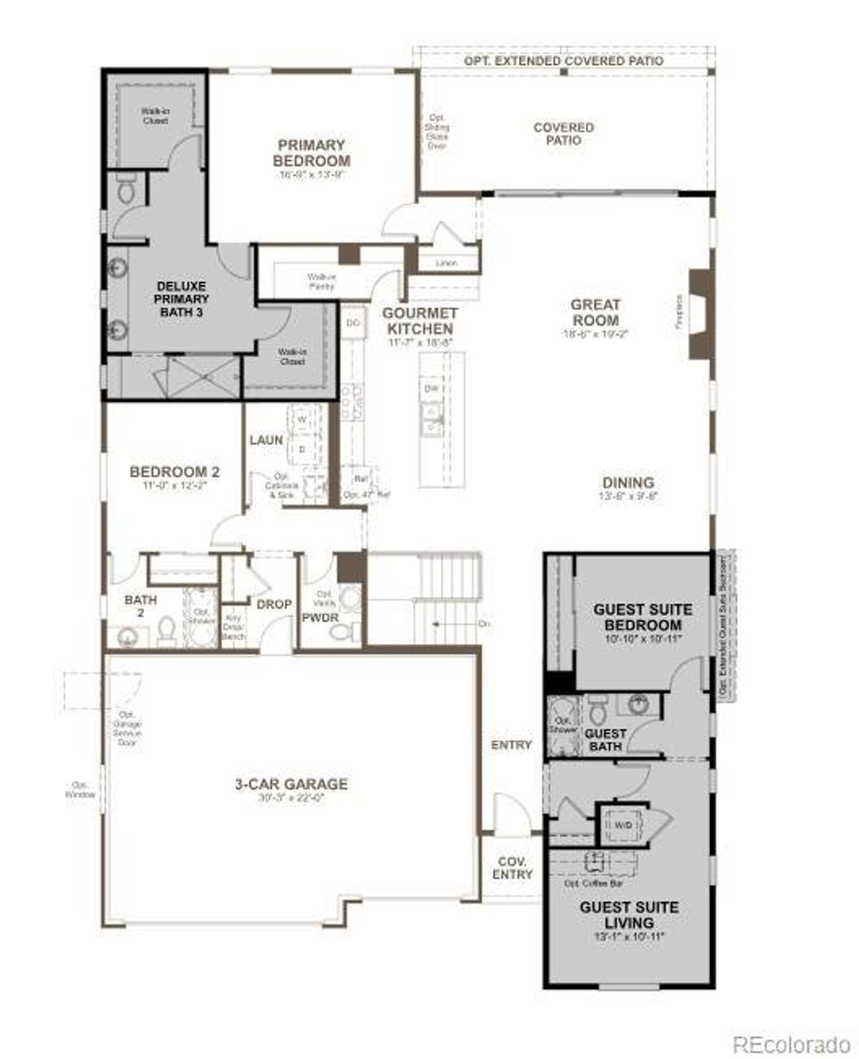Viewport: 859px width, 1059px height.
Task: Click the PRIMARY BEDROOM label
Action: coord(311,153)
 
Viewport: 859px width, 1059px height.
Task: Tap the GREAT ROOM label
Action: coord(595,313)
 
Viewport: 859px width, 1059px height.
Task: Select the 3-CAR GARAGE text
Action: coord(291,784)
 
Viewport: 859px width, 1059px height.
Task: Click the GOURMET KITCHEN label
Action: coord(420,321)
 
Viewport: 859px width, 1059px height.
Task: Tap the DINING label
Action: coord(628,483)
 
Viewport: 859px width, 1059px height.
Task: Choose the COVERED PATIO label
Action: coord(564,134)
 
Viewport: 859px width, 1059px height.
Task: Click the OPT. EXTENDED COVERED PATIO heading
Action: coord(564,61)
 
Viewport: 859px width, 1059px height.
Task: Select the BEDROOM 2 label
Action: coord(174,472)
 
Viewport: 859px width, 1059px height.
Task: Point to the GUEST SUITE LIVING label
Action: coord(629,915)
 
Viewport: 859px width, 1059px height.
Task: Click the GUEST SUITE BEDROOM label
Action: coord(642,617)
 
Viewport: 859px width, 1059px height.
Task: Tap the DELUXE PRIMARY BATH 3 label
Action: coord(181,299)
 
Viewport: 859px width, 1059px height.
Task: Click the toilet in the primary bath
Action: coord(125,191)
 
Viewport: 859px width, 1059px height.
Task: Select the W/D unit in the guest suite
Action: coord(623,825)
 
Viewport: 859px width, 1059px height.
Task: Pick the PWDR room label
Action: coord(320,617)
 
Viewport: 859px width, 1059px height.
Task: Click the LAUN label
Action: coord(266,440)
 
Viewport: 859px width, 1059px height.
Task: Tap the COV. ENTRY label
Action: coord(512,868)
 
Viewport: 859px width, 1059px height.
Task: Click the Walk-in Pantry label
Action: coord(321,281)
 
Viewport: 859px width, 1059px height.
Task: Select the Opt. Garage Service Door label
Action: coord(127,728)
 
